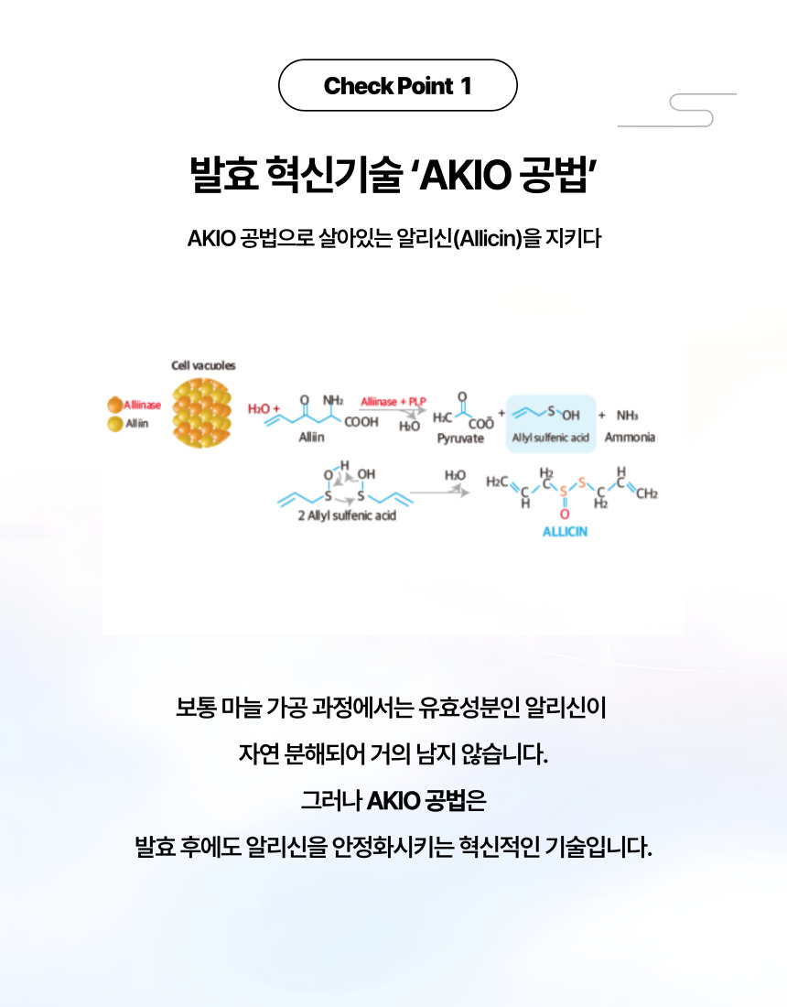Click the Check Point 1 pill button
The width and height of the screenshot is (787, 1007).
click(397, 86)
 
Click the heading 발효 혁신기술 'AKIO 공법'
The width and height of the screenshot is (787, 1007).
click(393, 173)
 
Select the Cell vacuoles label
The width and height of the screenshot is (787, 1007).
click(203, 365)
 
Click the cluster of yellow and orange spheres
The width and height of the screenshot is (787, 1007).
click(203, 412)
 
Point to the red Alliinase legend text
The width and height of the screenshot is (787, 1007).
click(143, 406)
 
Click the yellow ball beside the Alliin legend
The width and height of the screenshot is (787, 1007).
click(115, 424)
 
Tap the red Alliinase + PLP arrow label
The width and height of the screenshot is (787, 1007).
click(393, 402)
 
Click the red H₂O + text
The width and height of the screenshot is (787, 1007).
click(264, 408)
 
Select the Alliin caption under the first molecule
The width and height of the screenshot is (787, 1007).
click(312, 438)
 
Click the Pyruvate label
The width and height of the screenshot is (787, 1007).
click(460, 439)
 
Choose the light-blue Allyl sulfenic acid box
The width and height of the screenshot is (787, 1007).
click(550, 424)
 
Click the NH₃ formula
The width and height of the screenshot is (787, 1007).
click(628, 415)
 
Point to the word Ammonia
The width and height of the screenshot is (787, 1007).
click(630, 438)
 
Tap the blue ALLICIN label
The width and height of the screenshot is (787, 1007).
click(565, 532)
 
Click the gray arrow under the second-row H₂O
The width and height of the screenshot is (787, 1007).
click(440, 493)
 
